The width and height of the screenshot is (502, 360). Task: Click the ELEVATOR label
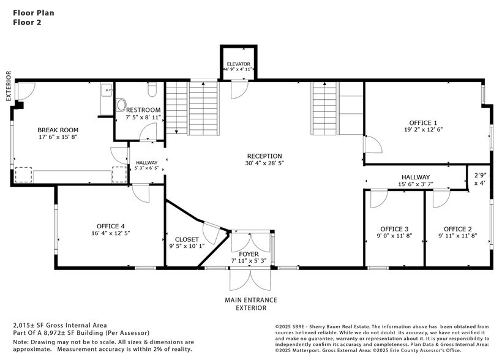click(x=238, y=64)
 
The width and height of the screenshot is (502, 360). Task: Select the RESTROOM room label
click(x=143, y=110)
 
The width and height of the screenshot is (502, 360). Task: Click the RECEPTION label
click(x=264, y=156)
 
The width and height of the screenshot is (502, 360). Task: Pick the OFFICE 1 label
click(x=424, y=122)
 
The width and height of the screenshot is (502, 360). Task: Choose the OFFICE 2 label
click(x=458, y=229)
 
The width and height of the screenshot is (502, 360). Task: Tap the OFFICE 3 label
click(x=394, y=229)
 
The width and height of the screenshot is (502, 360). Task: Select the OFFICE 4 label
click(x=110, y=225)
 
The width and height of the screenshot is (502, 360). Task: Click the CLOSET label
click(x=187, y=239)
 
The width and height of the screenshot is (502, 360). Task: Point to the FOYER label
click(x=249, y=254)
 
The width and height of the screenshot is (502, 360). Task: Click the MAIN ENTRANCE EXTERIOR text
click(x=252, y=304)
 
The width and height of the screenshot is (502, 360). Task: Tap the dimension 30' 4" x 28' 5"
click(x=264, y=163)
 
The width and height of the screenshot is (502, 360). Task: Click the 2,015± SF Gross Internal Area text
click(x=60, y=325)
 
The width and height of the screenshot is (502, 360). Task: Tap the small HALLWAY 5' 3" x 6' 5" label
click(x=146, y=165)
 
